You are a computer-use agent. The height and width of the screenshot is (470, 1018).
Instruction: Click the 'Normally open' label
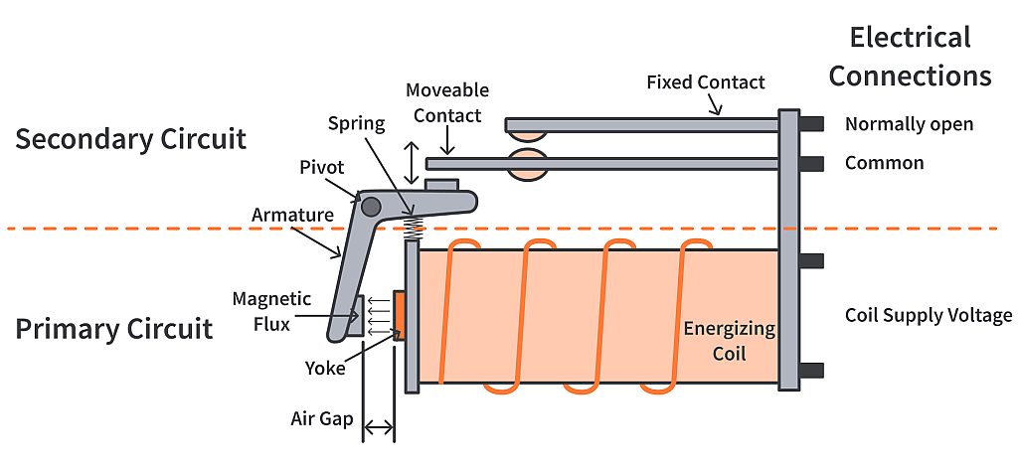[909, 124]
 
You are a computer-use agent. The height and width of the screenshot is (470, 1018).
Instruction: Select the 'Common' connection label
[884, 163]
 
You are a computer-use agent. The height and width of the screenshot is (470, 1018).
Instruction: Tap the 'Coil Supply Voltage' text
[928, 316]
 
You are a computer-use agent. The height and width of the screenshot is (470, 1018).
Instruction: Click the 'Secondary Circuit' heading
[130, 138]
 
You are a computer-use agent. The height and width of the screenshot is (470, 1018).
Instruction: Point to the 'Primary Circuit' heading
[113, 328]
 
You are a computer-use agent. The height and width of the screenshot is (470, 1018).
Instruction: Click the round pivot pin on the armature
[370, 207]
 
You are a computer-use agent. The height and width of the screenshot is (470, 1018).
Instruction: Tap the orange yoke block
[399, 315]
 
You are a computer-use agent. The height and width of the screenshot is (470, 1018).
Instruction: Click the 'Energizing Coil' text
[729, 341]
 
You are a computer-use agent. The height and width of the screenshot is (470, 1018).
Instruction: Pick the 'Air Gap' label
[322, 418]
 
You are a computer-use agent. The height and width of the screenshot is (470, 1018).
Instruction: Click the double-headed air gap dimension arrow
[379, 429]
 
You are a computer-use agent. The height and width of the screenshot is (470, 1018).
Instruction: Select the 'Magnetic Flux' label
[271, 309]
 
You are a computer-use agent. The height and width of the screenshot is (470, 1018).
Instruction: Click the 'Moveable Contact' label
[446, 103]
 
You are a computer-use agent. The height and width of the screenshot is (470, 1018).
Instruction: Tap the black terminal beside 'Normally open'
[811, 124]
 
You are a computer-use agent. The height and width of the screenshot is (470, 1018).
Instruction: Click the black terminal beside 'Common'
[811, 163]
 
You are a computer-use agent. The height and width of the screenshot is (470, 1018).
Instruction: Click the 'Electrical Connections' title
[910, 57]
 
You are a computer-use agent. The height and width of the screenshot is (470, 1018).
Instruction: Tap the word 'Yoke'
[325, 368]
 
